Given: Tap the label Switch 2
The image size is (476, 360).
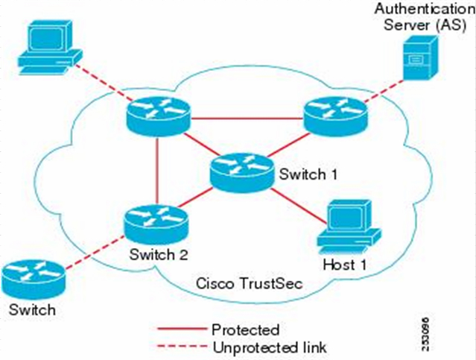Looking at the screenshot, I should pos(158,254).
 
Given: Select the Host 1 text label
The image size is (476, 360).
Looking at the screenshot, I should pos(343,265).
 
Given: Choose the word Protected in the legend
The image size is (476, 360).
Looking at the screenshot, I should pos(245,329).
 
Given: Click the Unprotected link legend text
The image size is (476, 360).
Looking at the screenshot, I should pos(269,347).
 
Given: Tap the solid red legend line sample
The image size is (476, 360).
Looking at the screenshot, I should pos(182,329).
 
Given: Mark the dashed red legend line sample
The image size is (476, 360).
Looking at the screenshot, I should pos(182,347).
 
